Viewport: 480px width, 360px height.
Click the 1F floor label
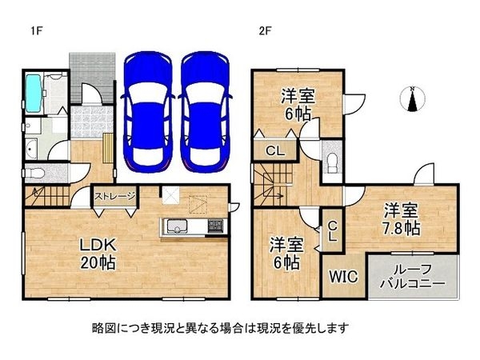point(37,31)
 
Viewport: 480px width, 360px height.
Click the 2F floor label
point(265,31)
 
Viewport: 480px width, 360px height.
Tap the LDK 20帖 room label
point(98,254)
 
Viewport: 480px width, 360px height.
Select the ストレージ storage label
point(114,196)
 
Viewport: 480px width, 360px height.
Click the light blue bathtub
point(34,93)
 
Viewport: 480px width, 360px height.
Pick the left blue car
point(148,113)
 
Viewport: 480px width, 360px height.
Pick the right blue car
point(205,113)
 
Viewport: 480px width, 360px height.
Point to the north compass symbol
point(412,99)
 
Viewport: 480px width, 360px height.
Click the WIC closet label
point(343,277)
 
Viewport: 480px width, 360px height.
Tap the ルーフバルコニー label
point(412,277)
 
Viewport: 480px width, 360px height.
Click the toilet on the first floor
point(34,174)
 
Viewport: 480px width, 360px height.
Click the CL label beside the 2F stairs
point(275,150)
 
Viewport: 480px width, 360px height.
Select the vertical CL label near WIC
point(333,231)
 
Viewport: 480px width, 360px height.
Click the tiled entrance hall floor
point(92,122)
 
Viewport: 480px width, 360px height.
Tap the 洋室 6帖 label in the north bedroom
point(298,104)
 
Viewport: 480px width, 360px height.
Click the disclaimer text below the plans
point(221,328)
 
